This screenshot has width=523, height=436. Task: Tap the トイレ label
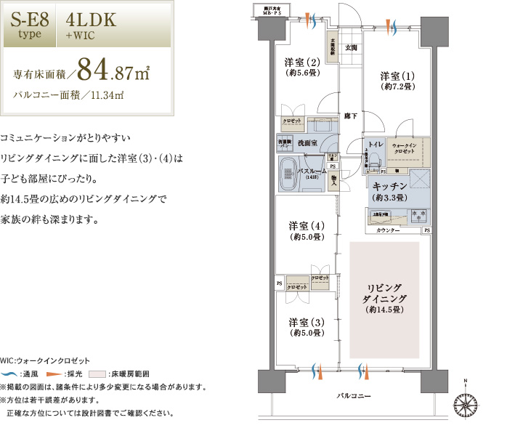pos(375,145)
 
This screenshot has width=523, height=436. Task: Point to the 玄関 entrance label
pos(351,48)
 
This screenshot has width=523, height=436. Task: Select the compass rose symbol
pos(464,401)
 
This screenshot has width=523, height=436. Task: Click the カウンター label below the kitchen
pos(389,230)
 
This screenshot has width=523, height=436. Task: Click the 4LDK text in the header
pos(91,20)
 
